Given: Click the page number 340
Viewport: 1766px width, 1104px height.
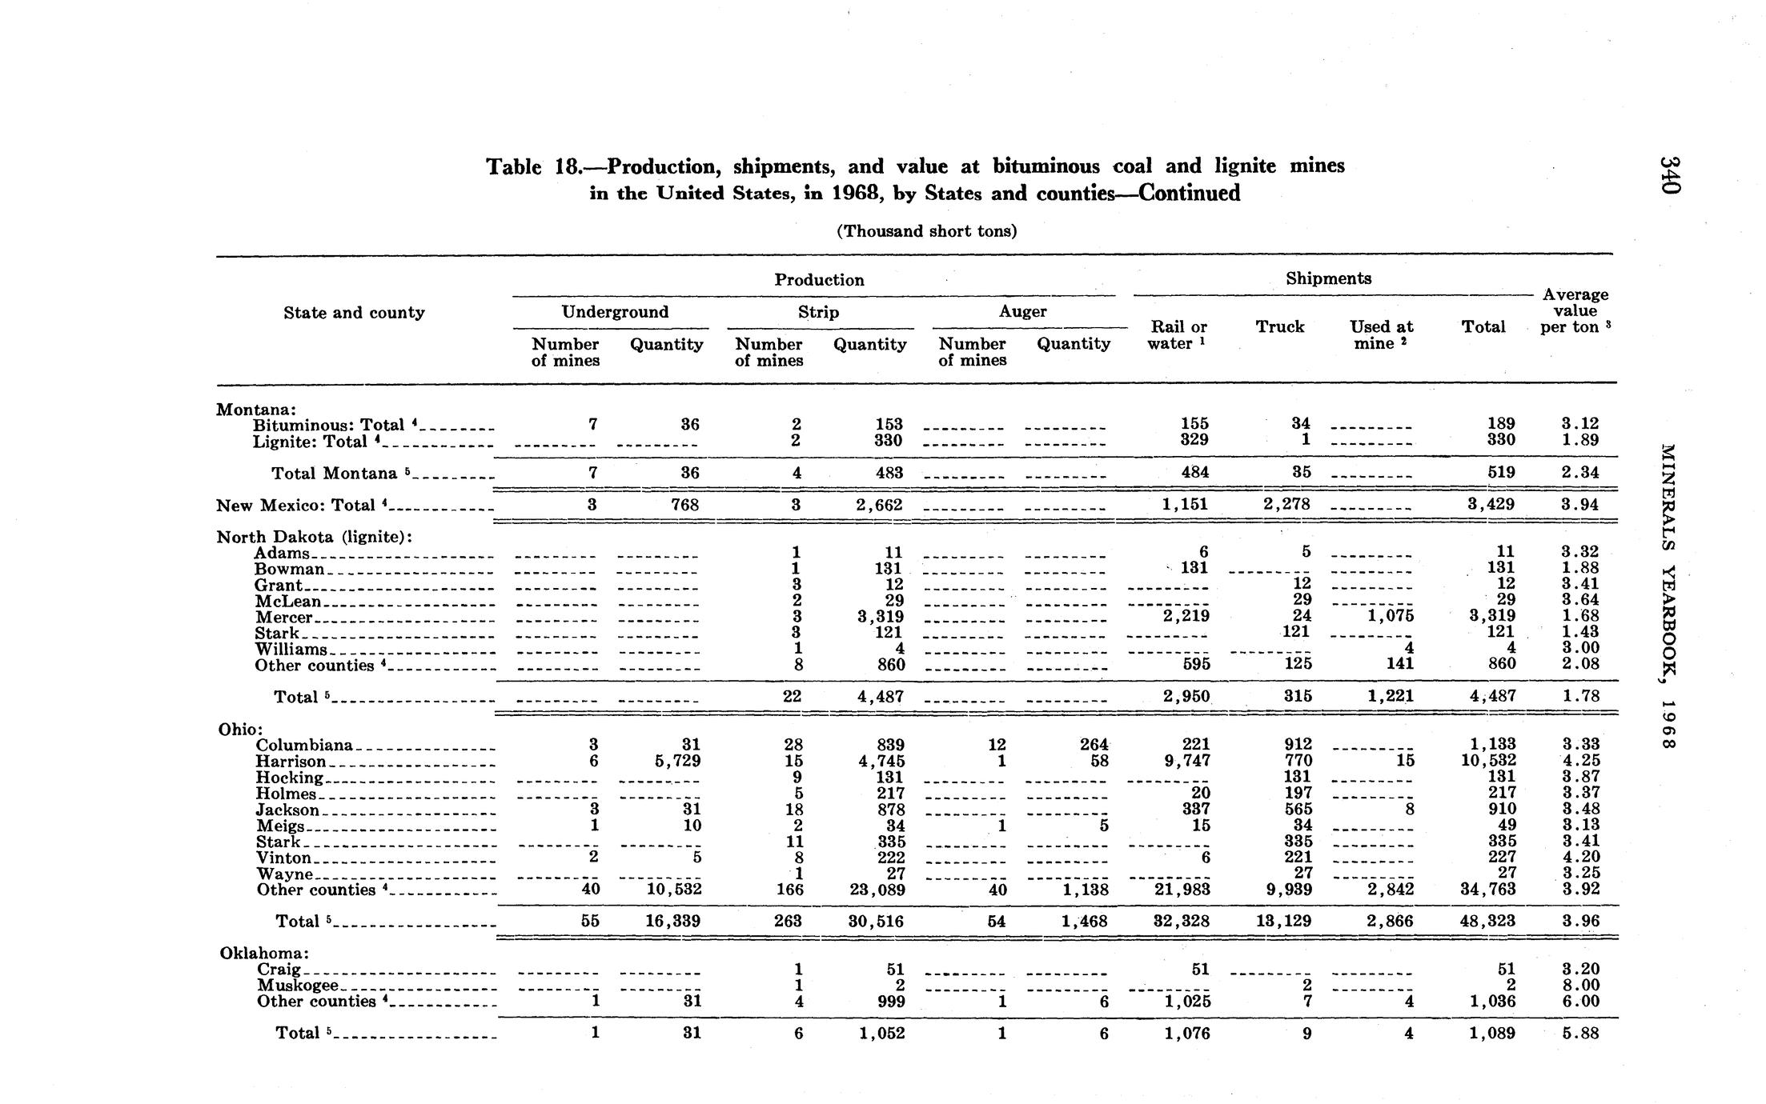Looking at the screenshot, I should pos(1668,174).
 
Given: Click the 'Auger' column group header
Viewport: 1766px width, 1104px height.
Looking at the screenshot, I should pos(1022,311).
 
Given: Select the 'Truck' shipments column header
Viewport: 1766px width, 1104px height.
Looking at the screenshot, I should pos(1279,326).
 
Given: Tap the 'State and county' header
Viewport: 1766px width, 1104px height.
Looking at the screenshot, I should pos(354,312).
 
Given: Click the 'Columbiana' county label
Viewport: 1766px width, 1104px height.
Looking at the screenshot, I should pos(305,745).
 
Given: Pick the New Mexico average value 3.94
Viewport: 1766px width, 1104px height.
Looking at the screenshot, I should pos(1579,505).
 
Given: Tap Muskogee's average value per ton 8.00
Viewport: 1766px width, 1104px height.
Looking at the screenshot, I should pos(1579,985).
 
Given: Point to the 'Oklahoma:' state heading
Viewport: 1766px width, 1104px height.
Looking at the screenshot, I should pos(264,953).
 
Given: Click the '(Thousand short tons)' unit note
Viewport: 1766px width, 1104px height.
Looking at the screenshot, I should pos(926,231).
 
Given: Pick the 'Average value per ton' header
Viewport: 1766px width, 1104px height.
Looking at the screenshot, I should pos(1575,310).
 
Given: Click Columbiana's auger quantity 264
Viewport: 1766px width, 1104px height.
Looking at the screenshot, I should pos(1094,745).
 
